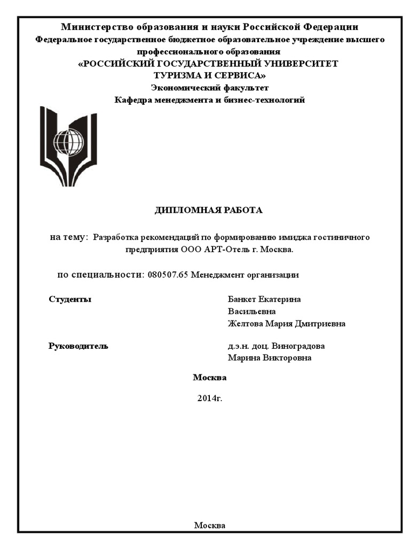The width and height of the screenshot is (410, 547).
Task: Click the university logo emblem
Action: click(68, 145)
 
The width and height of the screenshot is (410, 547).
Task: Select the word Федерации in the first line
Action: click(331, 27)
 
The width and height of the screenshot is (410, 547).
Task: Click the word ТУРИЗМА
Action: click(179, 75)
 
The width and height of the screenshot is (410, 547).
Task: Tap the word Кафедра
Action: click(133, 100)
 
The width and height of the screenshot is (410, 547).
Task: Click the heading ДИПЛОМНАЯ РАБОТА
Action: click(209, 210)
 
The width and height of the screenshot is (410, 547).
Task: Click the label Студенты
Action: click(70, 299)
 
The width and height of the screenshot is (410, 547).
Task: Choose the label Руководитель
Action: click(78, 346)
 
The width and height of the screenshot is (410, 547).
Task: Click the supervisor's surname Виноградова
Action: click(302, 346)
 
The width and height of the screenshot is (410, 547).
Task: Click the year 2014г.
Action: click(209, 398)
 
